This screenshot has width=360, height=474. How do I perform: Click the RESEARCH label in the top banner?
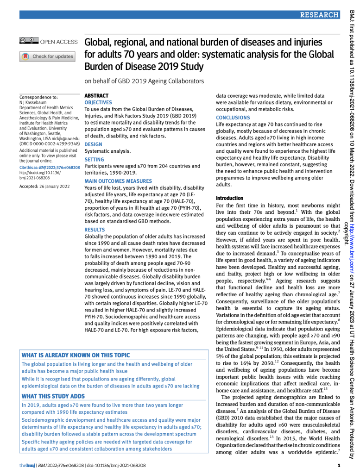(x=319, y=15)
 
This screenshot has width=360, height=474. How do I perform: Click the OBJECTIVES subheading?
(x=98, y=102)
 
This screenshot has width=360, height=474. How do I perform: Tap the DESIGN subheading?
(x=93, y=144)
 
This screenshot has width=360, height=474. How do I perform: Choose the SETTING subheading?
(x=95, y=159)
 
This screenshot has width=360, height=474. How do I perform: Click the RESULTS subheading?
(x=95, y=230)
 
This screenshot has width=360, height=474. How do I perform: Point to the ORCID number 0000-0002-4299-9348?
(x=59, y=144)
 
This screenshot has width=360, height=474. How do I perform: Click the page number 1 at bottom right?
(x=339, y=465)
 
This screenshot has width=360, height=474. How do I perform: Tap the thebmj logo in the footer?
(x=25, y=465)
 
